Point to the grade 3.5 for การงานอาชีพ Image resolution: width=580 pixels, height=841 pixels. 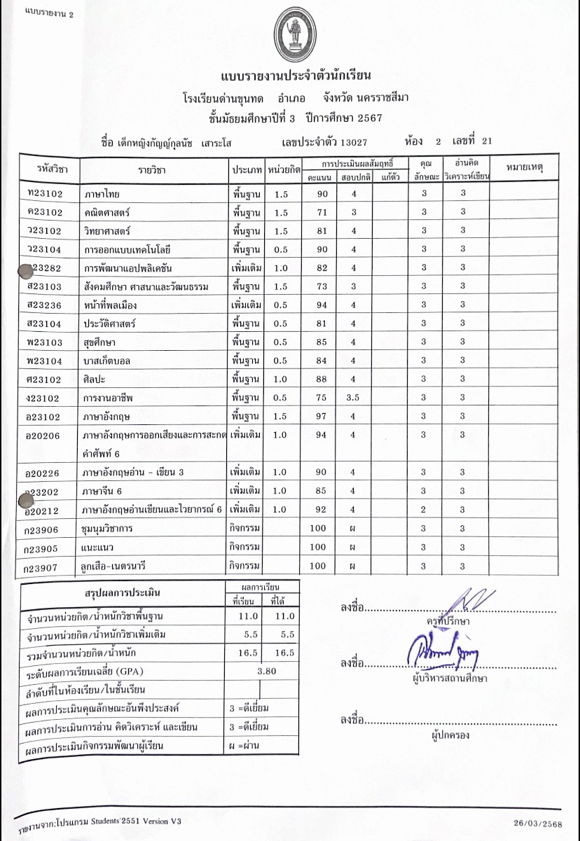coord(354,398)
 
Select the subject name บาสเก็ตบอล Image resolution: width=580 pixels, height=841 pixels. coord(111,361)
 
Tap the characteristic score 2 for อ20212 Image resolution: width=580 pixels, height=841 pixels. coord(423,509)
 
